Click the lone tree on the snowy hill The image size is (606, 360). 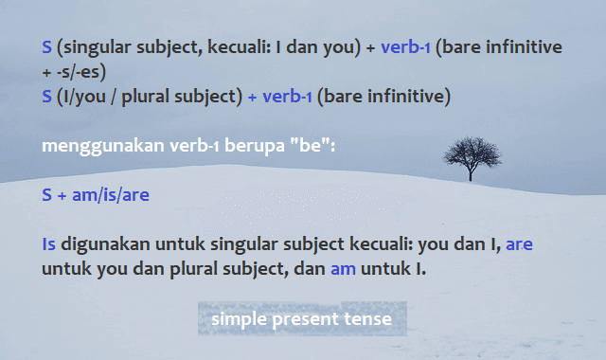tap(470, 156)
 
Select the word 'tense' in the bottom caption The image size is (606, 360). tap(370, 319)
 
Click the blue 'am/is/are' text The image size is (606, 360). tap(111, 195)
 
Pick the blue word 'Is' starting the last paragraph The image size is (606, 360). tap(49, 244)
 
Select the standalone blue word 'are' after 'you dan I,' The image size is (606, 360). tap(519, 244)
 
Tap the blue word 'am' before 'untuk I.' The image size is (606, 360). tap(343, 269)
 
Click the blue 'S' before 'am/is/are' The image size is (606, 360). tap(47, 195)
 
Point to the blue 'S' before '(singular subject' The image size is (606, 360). tap(47, 47)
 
